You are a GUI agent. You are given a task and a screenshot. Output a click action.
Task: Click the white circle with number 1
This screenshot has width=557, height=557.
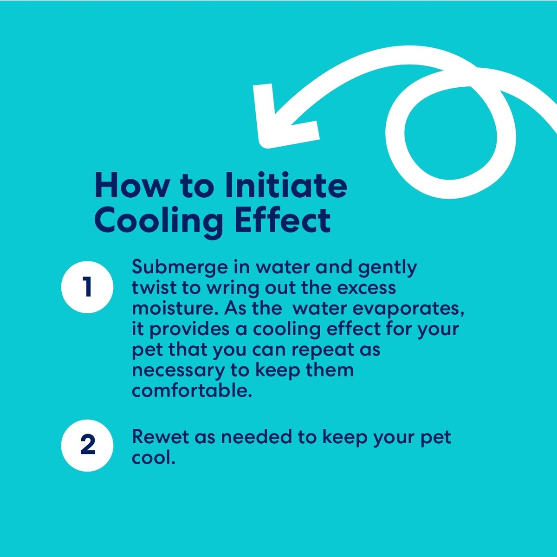[x=87, y=287]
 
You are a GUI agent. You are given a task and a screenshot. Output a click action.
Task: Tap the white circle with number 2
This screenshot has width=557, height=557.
[x=87, y=446]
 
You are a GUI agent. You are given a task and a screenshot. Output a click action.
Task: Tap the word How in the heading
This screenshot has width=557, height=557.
[x=131, y=185]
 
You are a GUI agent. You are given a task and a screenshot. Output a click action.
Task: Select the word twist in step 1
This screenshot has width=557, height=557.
[x=154, y=288]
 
